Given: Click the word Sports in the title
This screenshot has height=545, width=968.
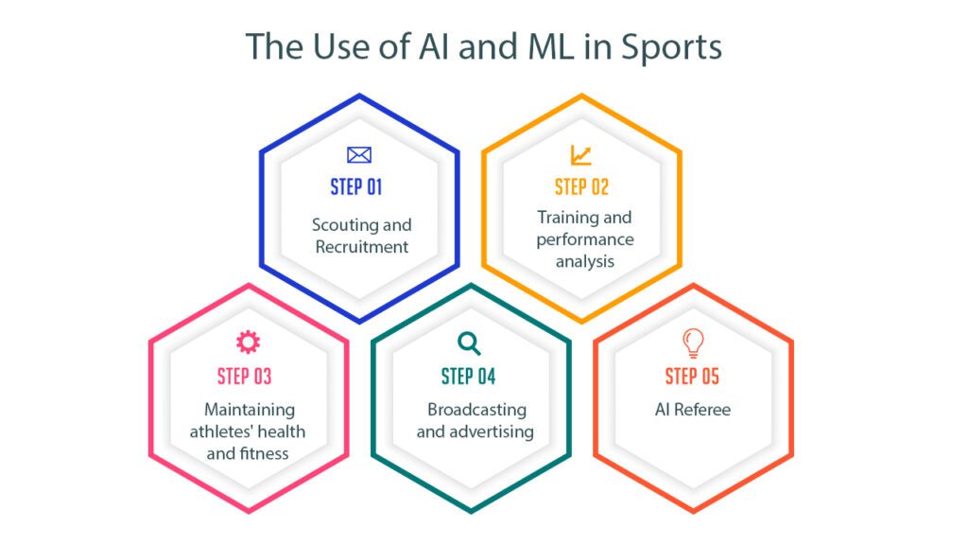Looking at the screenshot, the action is (x=671, y=47).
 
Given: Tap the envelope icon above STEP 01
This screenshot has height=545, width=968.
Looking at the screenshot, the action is (x=359, y=154).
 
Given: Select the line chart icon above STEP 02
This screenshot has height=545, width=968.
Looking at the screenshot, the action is (x=581, y=154).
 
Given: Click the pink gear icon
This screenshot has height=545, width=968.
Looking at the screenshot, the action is (x=249, y=342).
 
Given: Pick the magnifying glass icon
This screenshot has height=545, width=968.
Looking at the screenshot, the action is (x=469, y=343).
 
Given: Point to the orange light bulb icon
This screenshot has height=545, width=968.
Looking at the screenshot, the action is (x=693, y=343).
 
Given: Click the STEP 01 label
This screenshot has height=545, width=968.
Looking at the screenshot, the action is (x=356, y=186).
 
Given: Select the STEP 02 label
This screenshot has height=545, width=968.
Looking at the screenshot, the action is (x=581, y=186).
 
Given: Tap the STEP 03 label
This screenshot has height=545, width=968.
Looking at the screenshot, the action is (x=245, y=377).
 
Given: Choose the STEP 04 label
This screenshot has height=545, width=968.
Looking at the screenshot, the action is (x=468, y=377).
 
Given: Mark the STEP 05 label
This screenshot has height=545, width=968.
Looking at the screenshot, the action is (x=692, y=377).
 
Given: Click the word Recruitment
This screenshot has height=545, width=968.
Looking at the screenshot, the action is (x=362, y=247).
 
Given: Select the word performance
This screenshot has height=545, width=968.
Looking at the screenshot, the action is (x=585, y=239).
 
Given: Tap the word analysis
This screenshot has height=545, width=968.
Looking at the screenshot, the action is (x=585, y=262).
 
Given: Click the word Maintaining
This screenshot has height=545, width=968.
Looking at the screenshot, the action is (x=250, y=410).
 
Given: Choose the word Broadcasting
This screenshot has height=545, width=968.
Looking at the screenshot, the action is (x=476, y=410).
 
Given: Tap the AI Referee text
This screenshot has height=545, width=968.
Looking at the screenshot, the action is (x=693, y=410).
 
